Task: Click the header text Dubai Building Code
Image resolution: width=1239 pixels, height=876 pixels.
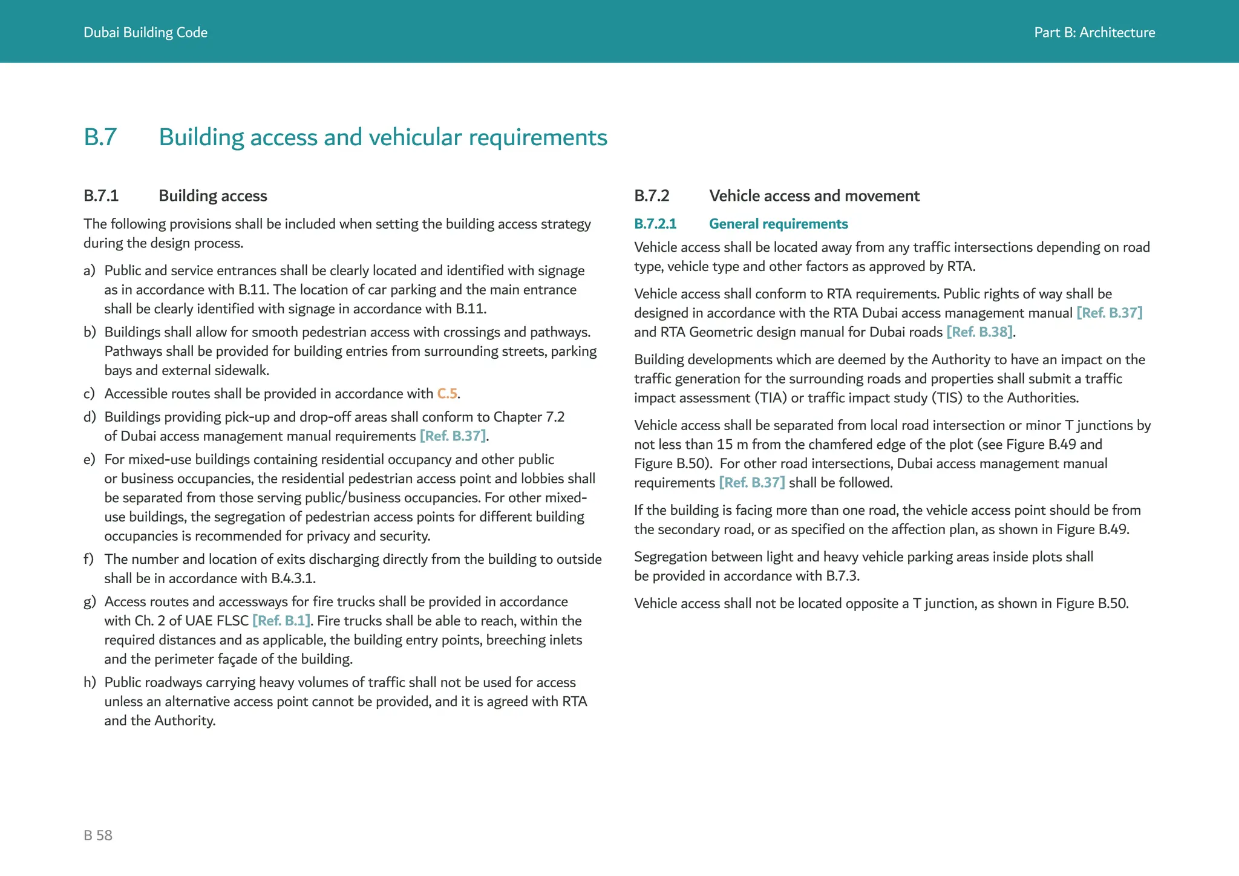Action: pos(145,33)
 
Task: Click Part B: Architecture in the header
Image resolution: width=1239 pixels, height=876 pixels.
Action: pos(1094,33)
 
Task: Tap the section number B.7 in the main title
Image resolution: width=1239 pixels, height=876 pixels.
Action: pos(100,137)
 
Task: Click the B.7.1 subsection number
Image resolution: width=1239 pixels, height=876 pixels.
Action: pos(101,196)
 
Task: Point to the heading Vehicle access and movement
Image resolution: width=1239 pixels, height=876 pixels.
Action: pos(814,196)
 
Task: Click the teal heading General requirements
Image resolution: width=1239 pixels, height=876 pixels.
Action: pos(778,224)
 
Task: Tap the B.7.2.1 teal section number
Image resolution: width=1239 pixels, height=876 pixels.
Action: pos(655,224)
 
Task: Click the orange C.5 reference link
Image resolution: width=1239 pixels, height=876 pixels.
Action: pos(447,394)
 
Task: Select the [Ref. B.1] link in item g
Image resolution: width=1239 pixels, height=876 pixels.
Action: pos(281,621)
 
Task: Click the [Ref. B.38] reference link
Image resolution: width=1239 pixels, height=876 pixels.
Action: pos(979,332)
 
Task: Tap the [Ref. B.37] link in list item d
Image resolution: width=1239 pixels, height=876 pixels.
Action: pos(453,436)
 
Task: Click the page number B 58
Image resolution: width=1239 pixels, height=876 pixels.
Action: pos(98,835)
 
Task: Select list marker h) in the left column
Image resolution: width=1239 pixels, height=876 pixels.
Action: pos(90,682)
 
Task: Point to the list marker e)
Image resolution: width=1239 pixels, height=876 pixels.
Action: pos(90,460)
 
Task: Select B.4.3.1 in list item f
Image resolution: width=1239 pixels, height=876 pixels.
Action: pos(292,578)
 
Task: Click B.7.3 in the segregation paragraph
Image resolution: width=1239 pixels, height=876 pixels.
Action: pos(842,576)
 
